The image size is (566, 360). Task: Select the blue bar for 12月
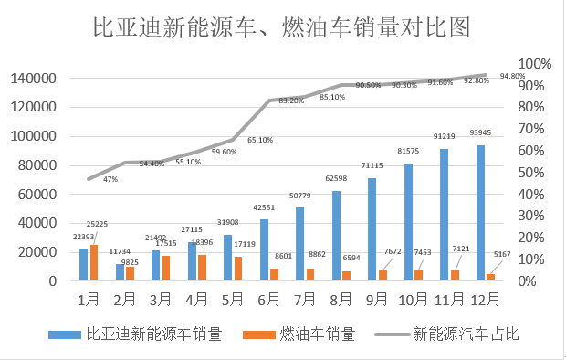480,212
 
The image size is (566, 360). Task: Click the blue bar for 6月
265,249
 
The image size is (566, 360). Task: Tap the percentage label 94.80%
512,77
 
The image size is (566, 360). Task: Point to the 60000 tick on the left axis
38,194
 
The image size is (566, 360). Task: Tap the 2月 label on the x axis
125,298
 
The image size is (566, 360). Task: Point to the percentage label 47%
110,180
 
